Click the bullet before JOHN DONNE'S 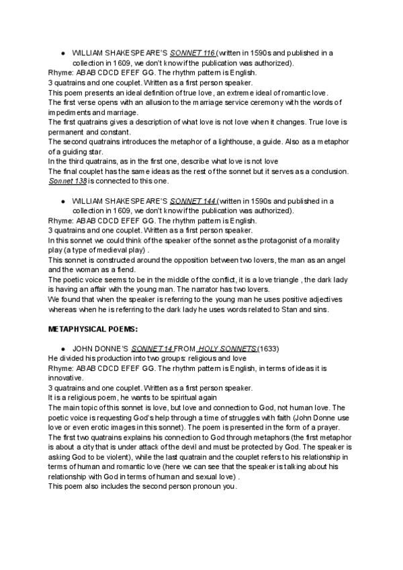tap(62, 350)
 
